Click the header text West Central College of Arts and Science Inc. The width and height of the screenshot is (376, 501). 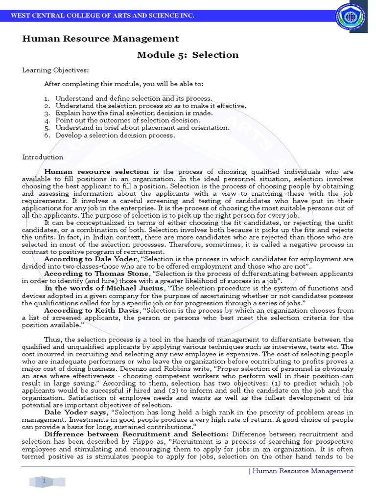click(102, 16)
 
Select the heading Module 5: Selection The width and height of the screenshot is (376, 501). click(188, 55)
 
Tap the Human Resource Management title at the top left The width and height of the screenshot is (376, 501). click(100, 39)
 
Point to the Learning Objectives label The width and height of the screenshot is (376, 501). click(55, 70)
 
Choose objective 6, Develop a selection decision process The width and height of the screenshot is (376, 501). click(115, 135)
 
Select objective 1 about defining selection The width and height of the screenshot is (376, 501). click(134, 98)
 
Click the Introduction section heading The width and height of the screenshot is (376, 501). click(43, 157)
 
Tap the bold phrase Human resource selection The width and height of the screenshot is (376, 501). click(96, 172)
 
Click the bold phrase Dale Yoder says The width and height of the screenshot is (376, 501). click(75, 412)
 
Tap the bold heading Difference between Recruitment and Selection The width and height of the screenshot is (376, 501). click(136, 434)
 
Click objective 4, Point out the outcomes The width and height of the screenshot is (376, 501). click(127, 120)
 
